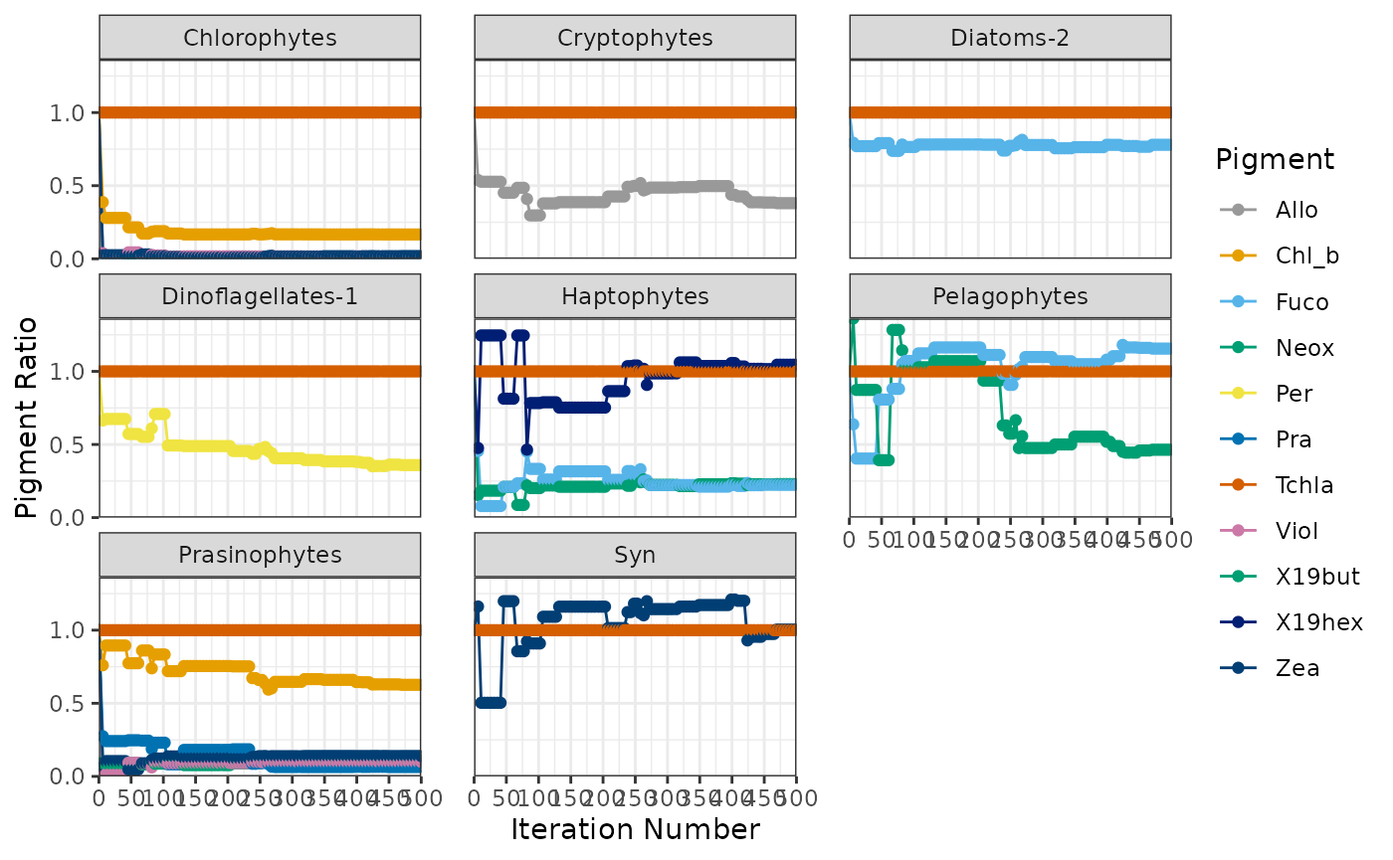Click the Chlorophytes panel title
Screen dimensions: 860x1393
point(260,39)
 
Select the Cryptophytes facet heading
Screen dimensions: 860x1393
point(635,39)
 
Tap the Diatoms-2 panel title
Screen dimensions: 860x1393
point(1010,39)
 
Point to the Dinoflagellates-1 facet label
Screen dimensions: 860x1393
point(260,296)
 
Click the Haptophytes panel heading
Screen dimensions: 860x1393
point(635,296)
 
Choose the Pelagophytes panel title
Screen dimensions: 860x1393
point(1010,296)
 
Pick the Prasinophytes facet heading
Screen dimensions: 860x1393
point(260,555)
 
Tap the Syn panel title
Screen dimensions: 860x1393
point(635,555)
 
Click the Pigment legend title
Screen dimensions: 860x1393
point(1274,159)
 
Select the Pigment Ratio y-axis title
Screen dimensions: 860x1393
point(28,417)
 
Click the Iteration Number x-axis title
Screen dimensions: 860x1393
point(635,830)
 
